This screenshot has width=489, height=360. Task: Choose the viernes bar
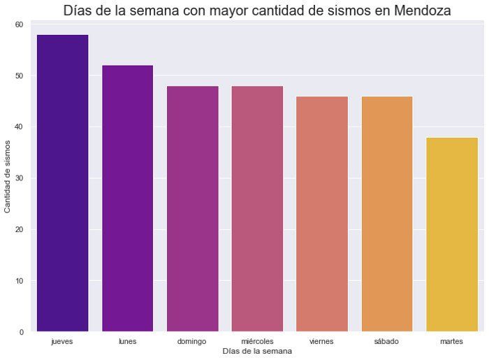point(321,213)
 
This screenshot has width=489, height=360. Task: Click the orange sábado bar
point(386,213)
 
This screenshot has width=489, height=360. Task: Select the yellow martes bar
point(451,234)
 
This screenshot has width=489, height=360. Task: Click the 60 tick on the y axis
point(19,24)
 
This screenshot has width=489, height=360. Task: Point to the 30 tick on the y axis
point(19,178)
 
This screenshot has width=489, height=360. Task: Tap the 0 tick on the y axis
point(21,332)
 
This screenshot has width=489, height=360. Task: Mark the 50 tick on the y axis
point(19,75)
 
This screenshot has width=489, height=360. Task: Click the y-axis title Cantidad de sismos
point(8,178)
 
